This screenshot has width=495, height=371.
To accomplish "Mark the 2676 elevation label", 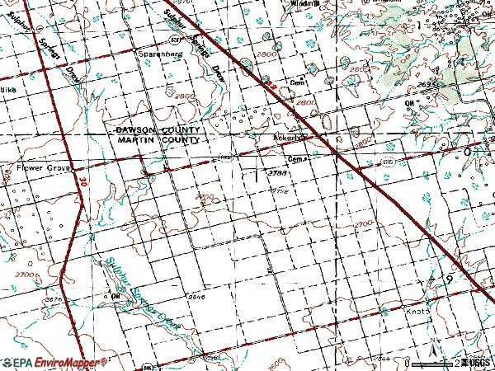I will pos(55,287).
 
